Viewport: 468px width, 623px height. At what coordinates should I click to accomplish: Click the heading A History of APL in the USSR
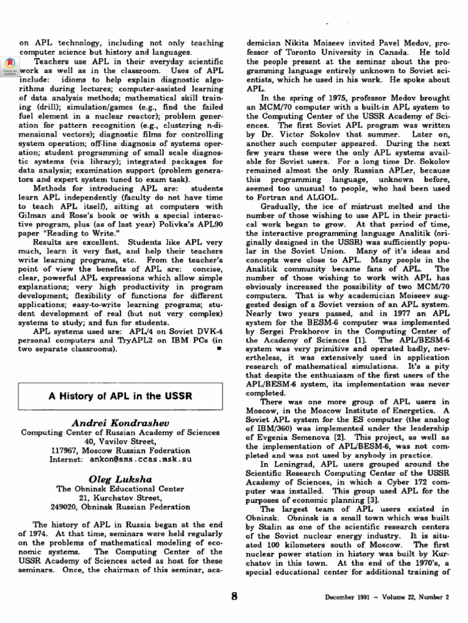120,396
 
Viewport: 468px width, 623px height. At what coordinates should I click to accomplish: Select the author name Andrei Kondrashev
120,422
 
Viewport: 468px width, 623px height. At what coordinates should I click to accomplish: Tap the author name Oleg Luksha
120,478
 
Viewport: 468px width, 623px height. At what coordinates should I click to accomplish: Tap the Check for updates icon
9,66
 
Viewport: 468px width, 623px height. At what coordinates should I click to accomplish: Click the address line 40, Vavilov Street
120,442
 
